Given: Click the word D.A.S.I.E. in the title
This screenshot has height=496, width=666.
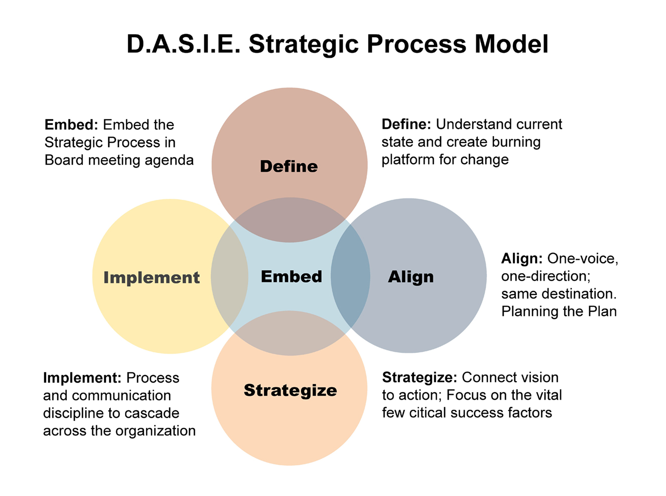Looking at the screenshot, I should coord(184,44).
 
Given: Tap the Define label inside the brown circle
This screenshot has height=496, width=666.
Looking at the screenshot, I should coord(289,166).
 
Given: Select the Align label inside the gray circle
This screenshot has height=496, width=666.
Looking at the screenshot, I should coord(411,277).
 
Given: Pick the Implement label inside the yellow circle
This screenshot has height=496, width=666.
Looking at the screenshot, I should coord(152,278).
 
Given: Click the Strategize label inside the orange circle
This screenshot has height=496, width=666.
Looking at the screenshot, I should coord(290,390).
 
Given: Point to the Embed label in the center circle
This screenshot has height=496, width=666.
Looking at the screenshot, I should coord(291,277).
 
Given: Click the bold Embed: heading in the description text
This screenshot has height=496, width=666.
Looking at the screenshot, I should coord(71,125).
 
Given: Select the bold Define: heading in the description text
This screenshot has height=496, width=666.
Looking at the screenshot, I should coord(406,125).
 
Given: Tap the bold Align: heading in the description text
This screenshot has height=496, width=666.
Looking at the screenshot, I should coord(521,259).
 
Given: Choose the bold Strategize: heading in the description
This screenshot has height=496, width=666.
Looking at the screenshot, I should coord(419,378).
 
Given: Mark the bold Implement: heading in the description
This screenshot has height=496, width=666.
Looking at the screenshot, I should coord(82,378).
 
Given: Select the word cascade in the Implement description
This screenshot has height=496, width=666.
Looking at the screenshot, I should coord(154,413).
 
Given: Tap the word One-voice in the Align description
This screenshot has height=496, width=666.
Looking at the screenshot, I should coord(582,259).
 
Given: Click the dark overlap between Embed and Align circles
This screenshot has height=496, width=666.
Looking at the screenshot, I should coord(350,276).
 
